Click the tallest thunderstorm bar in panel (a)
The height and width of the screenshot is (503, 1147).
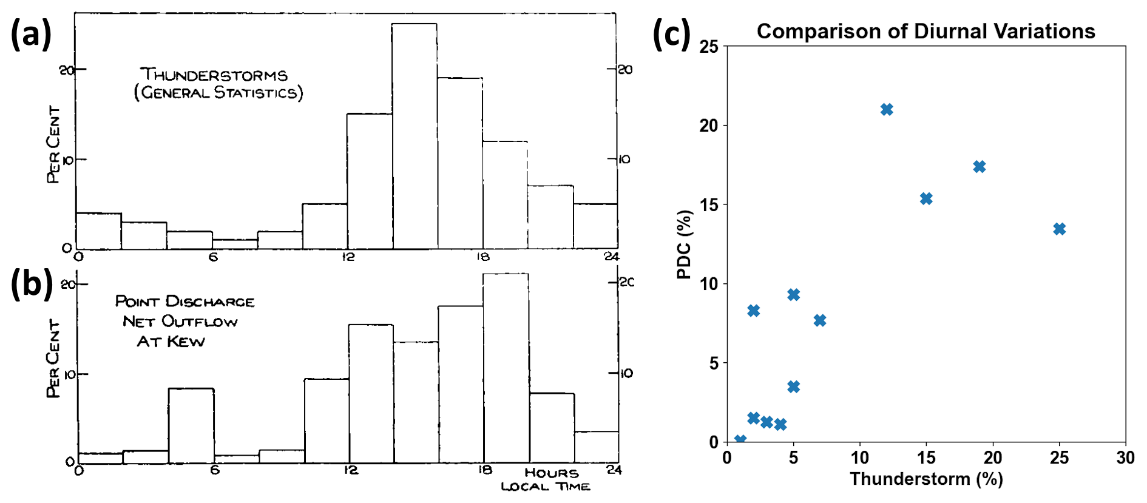(x=414, y=136)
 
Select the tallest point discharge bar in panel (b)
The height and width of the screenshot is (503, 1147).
(x=506, y=367)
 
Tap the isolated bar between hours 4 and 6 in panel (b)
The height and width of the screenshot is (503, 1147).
(x=191, y=425)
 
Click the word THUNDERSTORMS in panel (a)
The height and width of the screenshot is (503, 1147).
(x=214, y=75)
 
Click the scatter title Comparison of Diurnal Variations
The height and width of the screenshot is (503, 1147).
(x=925, y=31)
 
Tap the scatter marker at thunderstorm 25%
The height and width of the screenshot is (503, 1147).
(x=1059, y=229)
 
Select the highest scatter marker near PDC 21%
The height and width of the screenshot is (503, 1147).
(x=887, y=109)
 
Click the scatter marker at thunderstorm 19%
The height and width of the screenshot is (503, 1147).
(x=979, y=166)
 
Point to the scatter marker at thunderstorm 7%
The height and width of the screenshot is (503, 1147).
(x=820, y=320)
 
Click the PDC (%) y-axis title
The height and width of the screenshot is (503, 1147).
(x=684, y=245)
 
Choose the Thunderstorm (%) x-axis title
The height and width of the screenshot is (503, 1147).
(x=925, y=479)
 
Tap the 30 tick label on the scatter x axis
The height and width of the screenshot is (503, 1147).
(x=1125, y=457)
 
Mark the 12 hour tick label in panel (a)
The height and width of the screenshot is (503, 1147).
(x=348, y=257)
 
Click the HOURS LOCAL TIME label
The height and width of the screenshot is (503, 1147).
(x=546, y=479)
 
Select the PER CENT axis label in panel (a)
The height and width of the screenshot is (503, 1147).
(x=54, y=144)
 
